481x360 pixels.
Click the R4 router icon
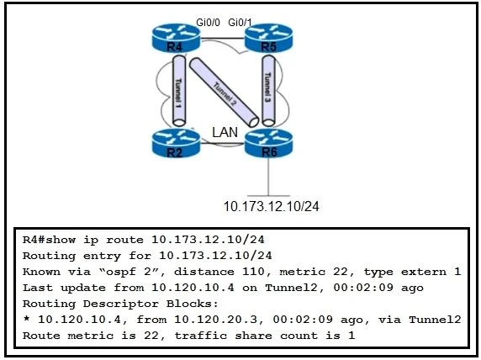point(176,38)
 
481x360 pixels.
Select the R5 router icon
point(269,38)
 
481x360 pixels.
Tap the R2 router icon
point(176,143)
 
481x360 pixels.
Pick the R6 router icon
point(269,143)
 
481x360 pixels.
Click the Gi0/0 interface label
point(208,23)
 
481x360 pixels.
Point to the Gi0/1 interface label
point(240,23)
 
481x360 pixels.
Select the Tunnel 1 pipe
point(179,91)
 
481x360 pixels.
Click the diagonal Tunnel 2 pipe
point(225,92)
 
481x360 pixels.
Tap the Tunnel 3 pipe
point(268,91)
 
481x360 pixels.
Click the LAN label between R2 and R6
point(225,132)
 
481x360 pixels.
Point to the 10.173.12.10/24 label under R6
point(271,206)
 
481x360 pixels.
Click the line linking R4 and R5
point(222,39)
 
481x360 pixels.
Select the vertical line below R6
point(269,177)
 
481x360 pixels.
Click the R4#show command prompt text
point(49,240)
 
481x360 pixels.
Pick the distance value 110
point(253,272)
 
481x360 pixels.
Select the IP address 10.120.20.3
point(216,320)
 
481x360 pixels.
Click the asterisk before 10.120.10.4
point(26,319)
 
